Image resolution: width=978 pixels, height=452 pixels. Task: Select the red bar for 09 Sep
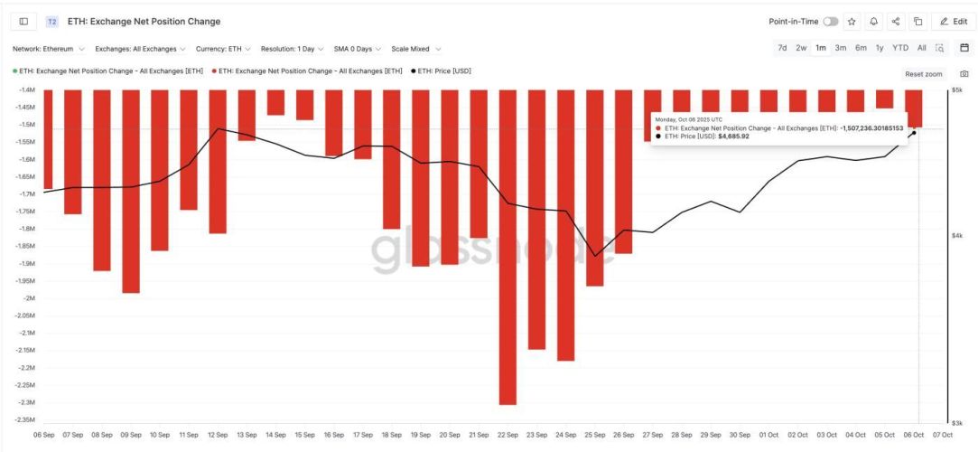pyautogui.click(x=131, y=191)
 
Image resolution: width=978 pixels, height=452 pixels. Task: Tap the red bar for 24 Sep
pyautogui.click(x=565, y=225)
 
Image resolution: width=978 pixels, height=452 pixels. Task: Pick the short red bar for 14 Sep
pyautogui.click(x=275, y=102)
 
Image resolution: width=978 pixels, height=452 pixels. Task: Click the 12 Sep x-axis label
pyautogui.click(x=218, y=434)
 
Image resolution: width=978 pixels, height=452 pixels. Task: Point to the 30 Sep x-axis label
pyautogui.click(x=740, y=434)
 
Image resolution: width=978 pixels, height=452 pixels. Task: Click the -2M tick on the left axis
pyautogui.click(x=27, y=298)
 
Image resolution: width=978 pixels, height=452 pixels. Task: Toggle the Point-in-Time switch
pyautogui.click(x=830, y=21)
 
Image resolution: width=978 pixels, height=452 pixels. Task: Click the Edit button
pyautogui.click(x=954, y=21)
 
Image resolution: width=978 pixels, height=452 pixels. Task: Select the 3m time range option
pyautogui.click(x=840, y=48)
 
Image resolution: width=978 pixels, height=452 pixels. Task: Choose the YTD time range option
pyautogui.click(x=900, y=48)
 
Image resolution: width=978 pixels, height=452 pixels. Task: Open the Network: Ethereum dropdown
pyautogui.click(x=49, y=49)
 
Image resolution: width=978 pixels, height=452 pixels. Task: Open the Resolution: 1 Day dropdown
pyautogui.click(x=292, y=49)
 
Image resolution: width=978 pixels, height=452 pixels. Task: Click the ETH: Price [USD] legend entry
pyautogui.click(x=443, y=71)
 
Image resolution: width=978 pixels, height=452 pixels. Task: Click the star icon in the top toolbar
pyautogui.click(x=852, y=21)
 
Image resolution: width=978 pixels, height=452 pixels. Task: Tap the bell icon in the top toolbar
pyautogui.click(x=873, y=21)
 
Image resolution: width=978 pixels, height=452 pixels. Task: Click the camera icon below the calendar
pyautogui.click(x=964, y=73)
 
